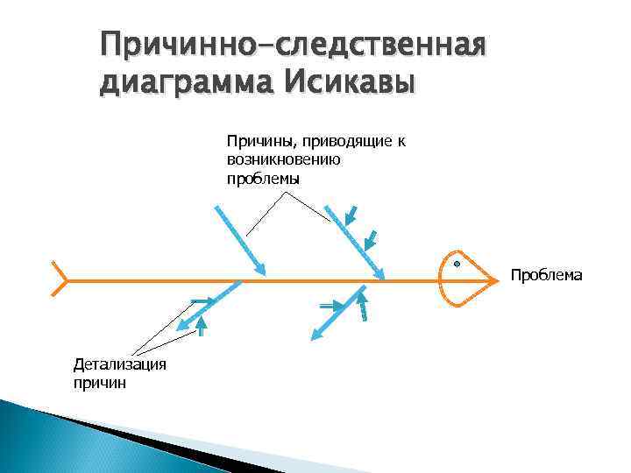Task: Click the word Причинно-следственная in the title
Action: coord(293,44)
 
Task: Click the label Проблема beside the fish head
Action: coord(546,276)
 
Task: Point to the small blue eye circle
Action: coord(457,263)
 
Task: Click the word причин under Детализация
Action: coord(100,382)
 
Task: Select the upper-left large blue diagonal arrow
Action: coord(239,239)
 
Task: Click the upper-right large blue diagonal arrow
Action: coord(355,244)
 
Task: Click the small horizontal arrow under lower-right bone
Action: coord(330,306)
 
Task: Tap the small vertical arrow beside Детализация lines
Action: coord(202,327)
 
